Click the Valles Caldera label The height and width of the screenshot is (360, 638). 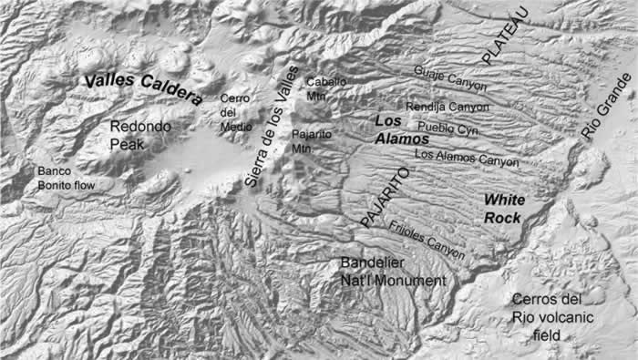pyautogui.click(x=143, y=88)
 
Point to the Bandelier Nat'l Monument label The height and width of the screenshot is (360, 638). pyautogui.click(x=394, y=273)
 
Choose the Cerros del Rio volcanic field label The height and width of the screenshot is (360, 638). pyautogui.click(x=545, y=317)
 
